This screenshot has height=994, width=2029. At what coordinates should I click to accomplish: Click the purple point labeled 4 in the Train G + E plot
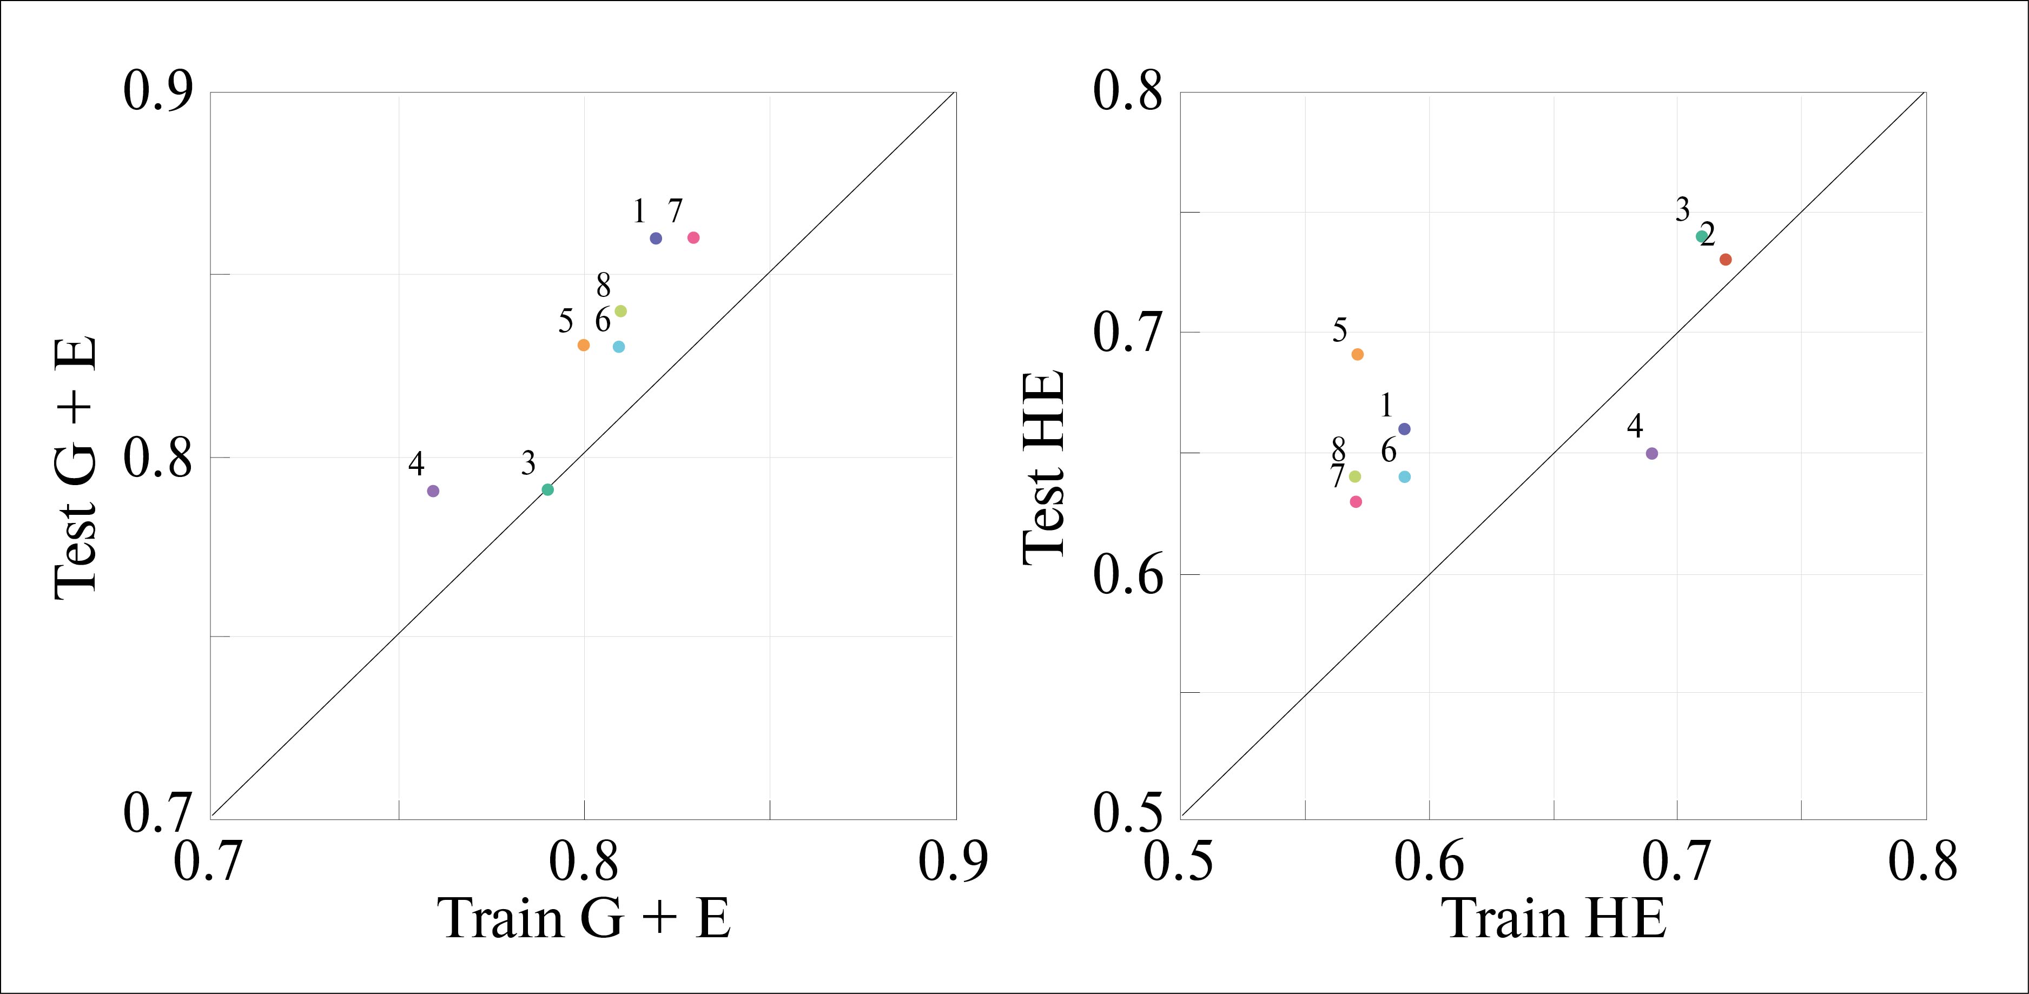point(432,491)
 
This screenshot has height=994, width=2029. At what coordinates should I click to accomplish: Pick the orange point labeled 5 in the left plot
point(584,345)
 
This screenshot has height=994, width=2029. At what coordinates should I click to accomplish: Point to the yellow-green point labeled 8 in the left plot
point(620,311)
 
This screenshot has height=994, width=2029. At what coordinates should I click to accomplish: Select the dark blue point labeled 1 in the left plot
point(656,238)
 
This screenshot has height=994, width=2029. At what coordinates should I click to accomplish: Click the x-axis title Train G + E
point(584,918)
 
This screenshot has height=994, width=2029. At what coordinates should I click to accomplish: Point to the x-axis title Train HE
point(1553,918)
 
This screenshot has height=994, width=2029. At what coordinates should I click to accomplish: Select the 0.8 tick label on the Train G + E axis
point(584,862)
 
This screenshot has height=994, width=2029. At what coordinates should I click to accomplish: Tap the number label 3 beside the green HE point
point(1682,210)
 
